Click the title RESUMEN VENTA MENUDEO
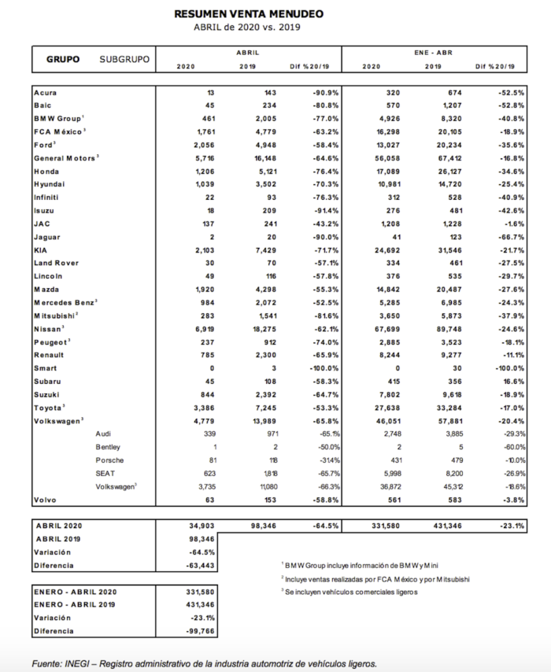coord(248,14)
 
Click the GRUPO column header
coord(62,60)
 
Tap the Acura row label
coord(46,93)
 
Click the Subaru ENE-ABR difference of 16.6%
coord(512,382)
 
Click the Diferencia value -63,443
coord(200,566)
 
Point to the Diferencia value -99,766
coord(200,631)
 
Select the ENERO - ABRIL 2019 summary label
coord(76,605)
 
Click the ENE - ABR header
coord(432,52)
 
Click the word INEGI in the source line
coord(81,664)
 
